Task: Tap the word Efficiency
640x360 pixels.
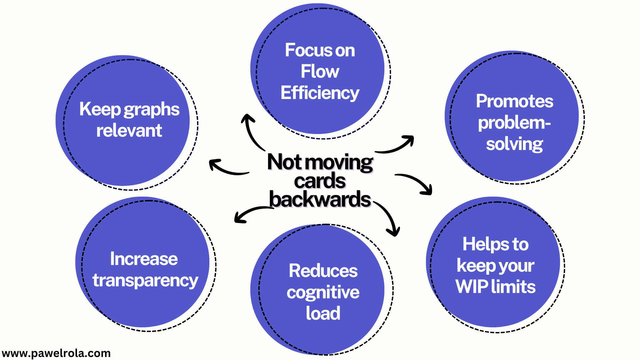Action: pos(320,93)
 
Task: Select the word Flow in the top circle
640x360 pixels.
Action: pos(320,71)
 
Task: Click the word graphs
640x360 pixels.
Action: pos(152,110)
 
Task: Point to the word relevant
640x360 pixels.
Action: pos(129,130)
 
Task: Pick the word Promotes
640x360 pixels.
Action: pos(514,101)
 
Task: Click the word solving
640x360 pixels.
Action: pos(514,144)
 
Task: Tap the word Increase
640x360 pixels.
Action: pos(144,259)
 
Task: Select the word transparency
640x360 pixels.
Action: pos(145,280)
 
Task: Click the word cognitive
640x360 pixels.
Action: pos(323,292)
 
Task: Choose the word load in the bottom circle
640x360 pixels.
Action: pos(323,313)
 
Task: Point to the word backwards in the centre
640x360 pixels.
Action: pos(320,200)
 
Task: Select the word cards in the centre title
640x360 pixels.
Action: pos(320,181)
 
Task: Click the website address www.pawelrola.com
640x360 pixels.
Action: pos(56,353)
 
